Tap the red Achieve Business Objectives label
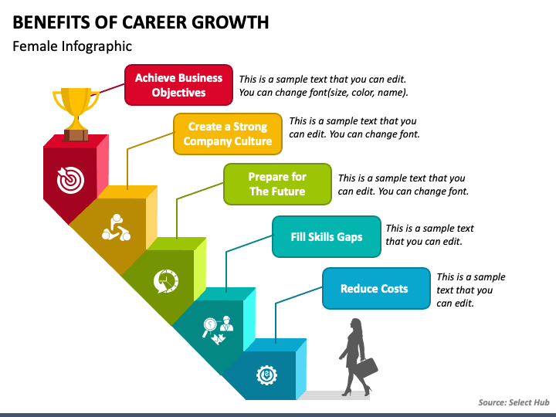pyautogui.click(x=178, y=85)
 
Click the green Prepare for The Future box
pyautogui.click(x=277, y=184)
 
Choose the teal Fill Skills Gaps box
pyautogui.click(x=327, y=237)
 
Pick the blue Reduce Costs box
pyautogui.click(x=375, y=289)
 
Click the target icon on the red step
pyautogui.click(x=69, y=179)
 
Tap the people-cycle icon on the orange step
pyautogui.click(x=116, y=229)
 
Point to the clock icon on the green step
pyautogui.click(x=166, y=280)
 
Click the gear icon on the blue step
pyautogui.click(x=266, y=376)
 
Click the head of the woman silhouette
pyautogui.click(x=356, y=324)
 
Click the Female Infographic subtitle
pyautogui.click(x=73, y=46)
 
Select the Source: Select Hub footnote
pyautogui.click(x=512, y=402)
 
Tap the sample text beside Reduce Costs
pyautogui.click(x=470, y=290)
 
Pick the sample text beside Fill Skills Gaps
pyautogui.click(x=429, y=235)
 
